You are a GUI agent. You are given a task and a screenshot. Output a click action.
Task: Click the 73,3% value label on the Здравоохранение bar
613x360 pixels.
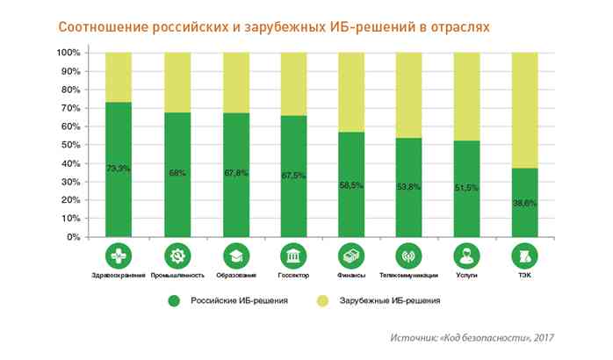119,168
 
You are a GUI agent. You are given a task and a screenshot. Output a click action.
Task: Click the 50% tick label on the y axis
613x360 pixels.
70,145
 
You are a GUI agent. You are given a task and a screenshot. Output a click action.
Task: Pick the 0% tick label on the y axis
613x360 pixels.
74,237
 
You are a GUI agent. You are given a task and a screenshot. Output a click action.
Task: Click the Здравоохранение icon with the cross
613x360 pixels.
119,256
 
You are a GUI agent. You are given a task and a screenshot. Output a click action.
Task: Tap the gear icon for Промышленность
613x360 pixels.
177,256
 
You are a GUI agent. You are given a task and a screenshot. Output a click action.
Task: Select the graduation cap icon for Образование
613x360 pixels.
234,256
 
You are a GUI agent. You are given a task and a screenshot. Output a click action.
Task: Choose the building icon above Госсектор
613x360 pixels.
292,256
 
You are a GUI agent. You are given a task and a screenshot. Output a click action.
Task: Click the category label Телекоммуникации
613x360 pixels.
408,275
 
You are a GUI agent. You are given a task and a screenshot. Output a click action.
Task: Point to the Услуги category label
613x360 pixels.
466,275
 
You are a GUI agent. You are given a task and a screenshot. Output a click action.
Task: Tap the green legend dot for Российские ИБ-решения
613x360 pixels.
174,301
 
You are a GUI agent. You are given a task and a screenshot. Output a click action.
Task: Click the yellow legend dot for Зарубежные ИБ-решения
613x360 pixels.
322,301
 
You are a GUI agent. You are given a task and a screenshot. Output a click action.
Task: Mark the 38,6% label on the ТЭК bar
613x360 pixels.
524,203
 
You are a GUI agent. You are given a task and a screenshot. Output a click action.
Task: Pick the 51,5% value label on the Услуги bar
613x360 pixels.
466,188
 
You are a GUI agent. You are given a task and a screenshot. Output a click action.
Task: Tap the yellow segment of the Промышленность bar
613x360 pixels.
177,83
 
